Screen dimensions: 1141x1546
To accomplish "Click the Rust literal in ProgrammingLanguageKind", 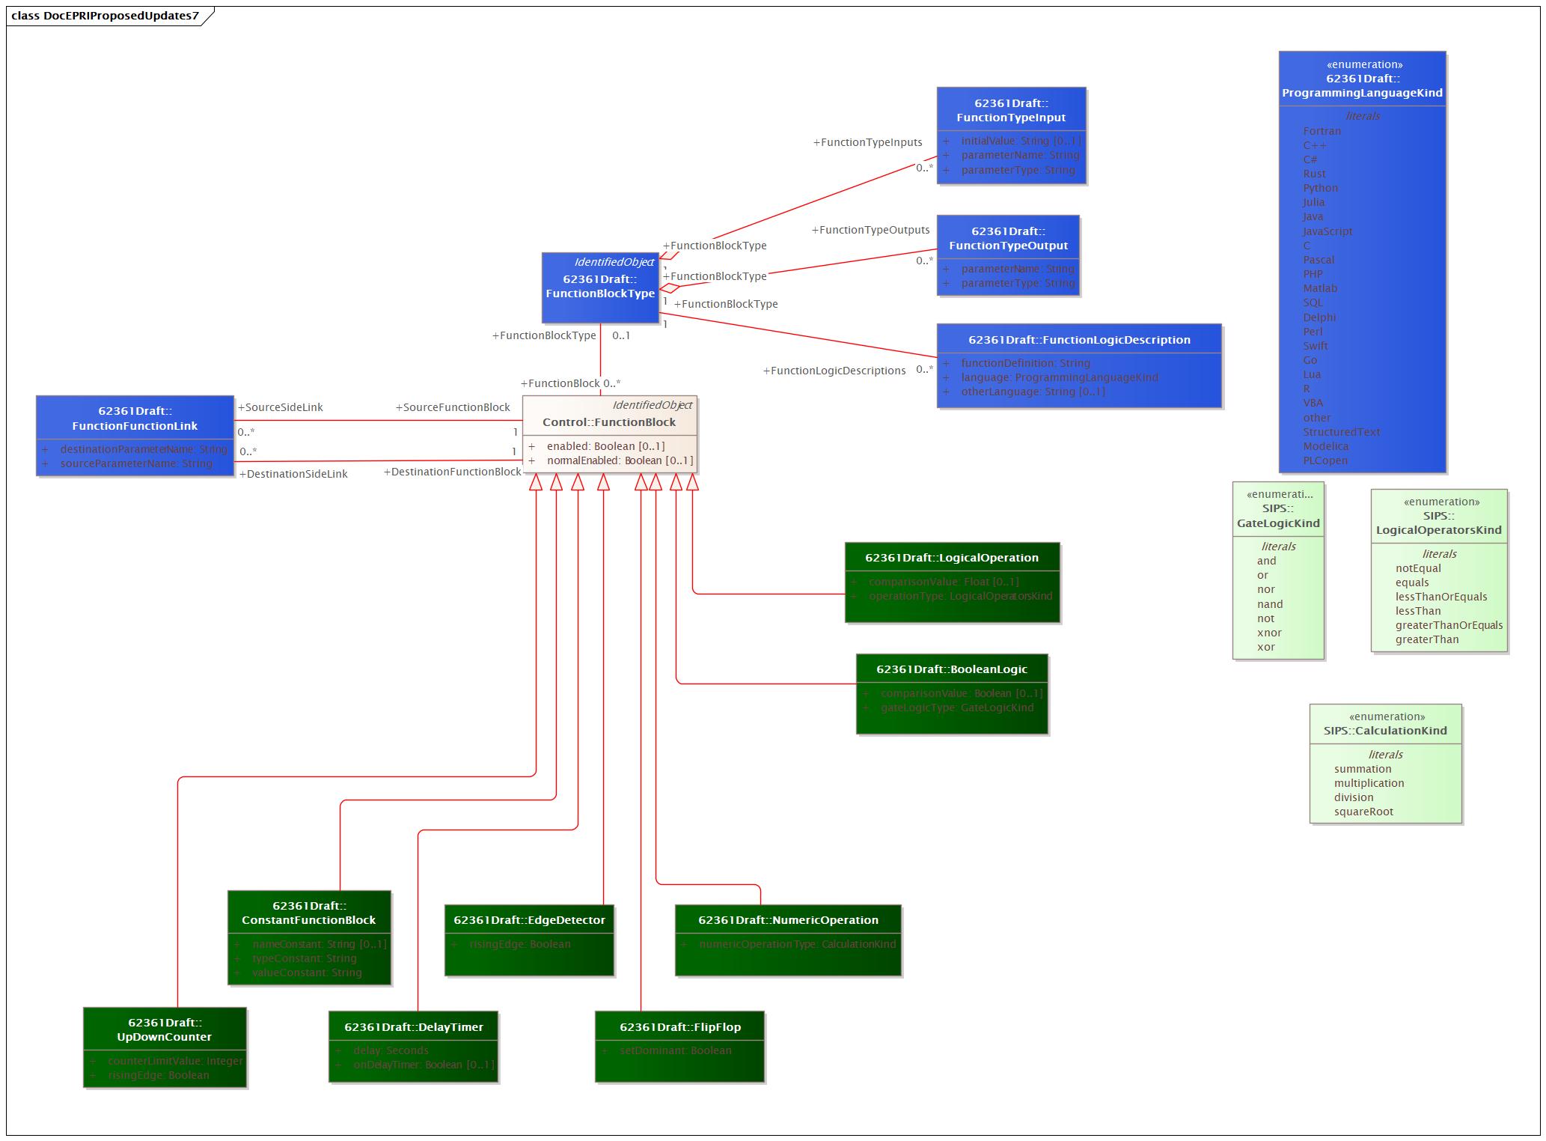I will coord(1314,174).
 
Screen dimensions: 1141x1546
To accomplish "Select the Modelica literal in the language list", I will coord(1325,446).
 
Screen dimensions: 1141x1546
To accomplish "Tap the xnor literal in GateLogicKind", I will coord(1269,633).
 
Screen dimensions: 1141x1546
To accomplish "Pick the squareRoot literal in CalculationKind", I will coord(1363,812).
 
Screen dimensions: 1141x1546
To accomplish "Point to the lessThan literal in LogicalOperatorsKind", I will coord(1417,611).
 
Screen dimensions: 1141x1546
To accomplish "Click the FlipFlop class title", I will coord(679,1027).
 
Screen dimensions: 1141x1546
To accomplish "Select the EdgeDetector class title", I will coord(529,920).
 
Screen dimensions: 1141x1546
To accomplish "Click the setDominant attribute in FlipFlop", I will coord(675,1050).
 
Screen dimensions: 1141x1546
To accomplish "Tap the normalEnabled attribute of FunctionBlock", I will coord(620,460).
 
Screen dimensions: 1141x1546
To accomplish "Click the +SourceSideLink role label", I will coord(280,407).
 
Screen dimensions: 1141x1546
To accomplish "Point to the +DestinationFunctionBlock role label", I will coord(452,472).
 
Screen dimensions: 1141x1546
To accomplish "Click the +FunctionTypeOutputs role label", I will coord(870,230).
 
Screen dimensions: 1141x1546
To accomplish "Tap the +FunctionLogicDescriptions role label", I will coord(834,371).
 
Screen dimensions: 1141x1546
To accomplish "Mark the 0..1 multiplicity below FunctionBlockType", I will coord(621,335).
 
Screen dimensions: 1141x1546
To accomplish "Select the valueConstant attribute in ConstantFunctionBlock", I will coord(307,973).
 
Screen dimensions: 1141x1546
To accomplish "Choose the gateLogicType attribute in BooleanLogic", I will coord(956,708).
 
